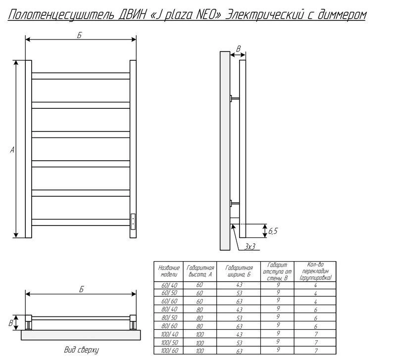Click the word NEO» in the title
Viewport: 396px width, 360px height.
[x=208, y=15]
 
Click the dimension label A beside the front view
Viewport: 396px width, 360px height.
[x=12, y=150]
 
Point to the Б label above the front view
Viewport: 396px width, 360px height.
[x=80, y=35]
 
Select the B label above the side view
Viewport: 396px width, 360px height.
[x=238, y=48]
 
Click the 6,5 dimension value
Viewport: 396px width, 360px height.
[x=273, y=231]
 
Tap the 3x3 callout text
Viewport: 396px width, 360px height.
[x=250, y=246]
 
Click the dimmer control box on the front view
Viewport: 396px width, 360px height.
[x=133, y=222]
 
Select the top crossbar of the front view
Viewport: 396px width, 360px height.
[x=81, y=76]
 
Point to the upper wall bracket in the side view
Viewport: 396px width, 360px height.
[x=235, y=98]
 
